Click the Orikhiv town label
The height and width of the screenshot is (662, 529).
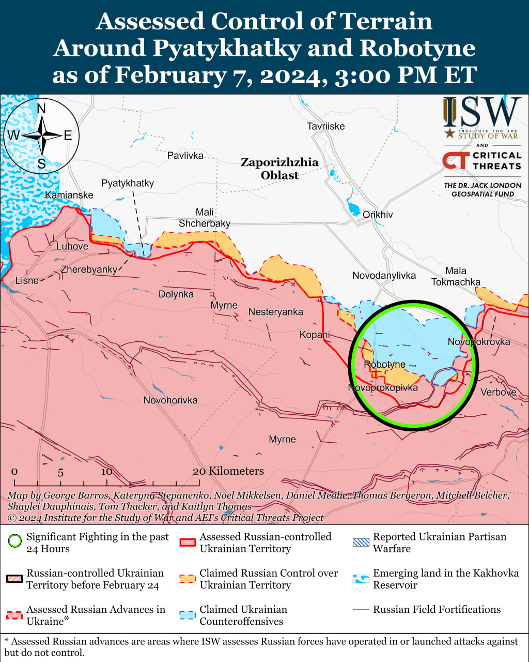click(x=378, y=215)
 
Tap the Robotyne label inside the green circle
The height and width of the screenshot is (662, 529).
click(x=384, y=365)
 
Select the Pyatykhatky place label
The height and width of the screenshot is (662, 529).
click(x=127, y=184)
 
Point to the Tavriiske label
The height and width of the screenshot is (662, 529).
click(x=325, y=126)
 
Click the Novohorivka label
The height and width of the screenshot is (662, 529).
click(x=170, y=400)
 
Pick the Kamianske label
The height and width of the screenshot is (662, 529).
click(x=69, y=195)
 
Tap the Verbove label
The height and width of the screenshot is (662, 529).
click(x=498, y=393)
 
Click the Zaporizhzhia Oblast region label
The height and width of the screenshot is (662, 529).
click(x=279, y=169)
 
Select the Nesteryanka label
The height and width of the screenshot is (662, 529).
click(x=275, y=312)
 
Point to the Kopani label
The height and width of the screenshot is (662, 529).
click(x=315, y=335)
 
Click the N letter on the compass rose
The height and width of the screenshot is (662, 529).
click(x=41, y=108)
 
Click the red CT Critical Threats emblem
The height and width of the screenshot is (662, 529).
click(x=456, y=160)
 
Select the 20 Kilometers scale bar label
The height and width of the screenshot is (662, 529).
click(x=228, y=471)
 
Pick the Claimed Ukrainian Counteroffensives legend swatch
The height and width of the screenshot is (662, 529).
click(x=188, y=615)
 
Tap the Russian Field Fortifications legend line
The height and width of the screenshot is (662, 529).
click(x=361, y=610)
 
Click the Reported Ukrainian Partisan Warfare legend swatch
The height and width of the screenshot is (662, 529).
click(x=361, y=543)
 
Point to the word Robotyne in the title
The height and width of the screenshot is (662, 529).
click(x=417, y=48)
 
